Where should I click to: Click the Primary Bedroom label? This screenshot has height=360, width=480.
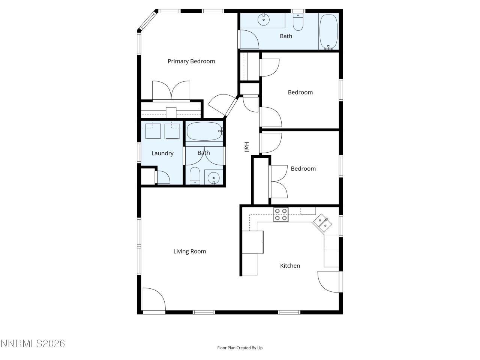[191, 61]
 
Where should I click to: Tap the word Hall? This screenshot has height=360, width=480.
[246, 147]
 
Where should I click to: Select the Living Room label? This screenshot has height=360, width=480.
[189, 251]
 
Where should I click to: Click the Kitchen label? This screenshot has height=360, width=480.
[290, 265]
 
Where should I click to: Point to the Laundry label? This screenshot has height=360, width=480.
[162, 153]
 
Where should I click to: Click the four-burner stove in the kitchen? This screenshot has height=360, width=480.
[280, 214]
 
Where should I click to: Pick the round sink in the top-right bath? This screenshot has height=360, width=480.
[264, 19]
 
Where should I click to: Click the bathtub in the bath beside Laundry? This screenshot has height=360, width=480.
[205, 131]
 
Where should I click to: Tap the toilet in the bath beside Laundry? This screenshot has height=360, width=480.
[195, 175]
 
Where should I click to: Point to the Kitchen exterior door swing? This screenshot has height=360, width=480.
[328, 282]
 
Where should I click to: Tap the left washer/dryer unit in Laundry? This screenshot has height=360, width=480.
[153, 131]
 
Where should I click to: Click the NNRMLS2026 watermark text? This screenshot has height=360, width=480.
[33, 343]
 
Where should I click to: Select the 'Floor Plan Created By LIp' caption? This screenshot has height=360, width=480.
[240, 348]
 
